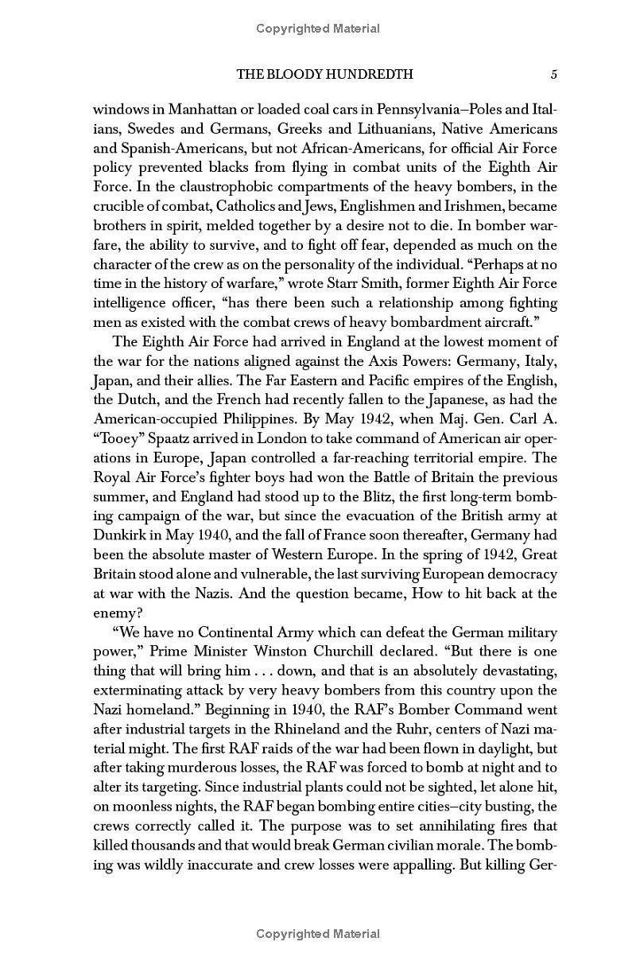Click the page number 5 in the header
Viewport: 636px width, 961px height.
pos(553,74)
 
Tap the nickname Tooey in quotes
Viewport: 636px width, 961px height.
pos(118,438)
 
